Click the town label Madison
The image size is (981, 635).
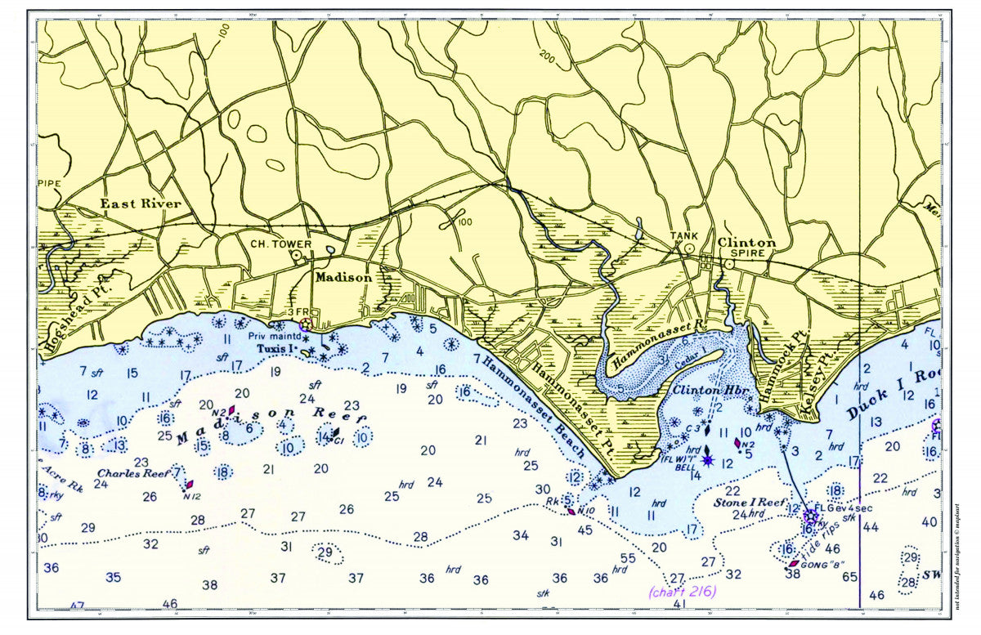(x=344, y=277)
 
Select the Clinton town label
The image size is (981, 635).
(x=746, y=243)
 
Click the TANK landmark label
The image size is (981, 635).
(x=684, y=235)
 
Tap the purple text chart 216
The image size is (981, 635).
(x=680, y=592)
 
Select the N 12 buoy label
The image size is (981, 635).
(x=191, y=496)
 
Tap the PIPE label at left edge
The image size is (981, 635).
(x=50, y=183)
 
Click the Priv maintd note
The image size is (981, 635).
(x=270, y=335)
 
